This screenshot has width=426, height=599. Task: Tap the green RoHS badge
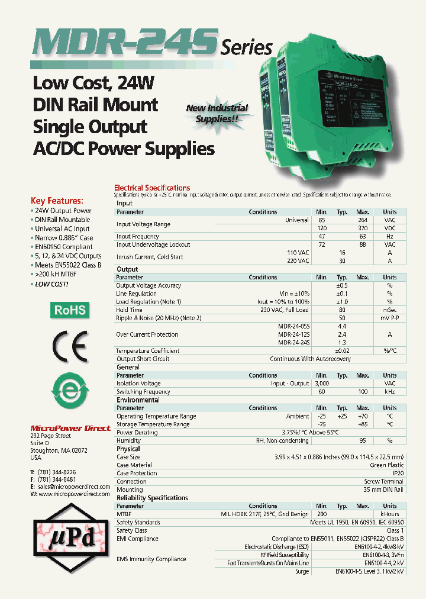(70, 310)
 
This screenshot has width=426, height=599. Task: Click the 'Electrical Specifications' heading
(152, 188)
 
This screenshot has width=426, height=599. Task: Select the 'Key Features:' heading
(57, 201)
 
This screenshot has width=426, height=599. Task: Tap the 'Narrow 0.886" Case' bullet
(64, 238)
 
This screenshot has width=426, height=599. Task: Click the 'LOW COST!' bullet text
(51, 284)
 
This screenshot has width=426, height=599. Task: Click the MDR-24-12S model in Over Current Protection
(294, 334)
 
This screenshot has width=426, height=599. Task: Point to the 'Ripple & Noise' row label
(159, 318)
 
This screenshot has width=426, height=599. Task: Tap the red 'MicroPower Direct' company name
(70, 428)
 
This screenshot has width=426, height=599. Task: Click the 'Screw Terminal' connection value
(384, 482)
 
